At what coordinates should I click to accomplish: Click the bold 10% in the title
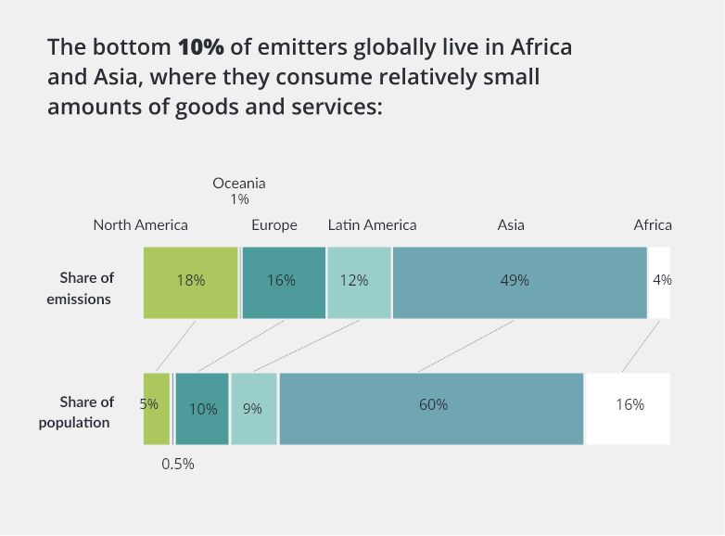[201, 47]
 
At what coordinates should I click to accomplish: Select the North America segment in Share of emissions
[190, 282]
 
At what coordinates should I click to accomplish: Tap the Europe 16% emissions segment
[283, 282]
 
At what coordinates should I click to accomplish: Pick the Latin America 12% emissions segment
[359, 282]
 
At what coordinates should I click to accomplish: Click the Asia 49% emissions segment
[519, 282]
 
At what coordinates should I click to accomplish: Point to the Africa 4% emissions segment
[659, 282]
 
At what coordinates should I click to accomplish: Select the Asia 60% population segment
[431, 408]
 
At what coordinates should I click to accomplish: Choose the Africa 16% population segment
[628, 408]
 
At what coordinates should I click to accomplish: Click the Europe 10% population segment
[202, 409]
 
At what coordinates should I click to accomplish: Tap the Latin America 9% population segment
[253, 409]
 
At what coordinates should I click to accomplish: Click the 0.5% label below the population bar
[178, 464]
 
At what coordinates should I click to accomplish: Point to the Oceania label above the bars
[239, 184]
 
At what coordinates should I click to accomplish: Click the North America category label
[140, 225]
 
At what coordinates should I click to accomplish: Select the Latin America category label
[372, 225]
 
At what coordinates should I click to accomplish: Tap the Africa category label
[653, 225]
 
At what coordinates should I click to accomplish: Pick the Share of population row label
[77, 413]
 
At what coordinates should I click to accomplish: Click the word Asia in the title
[109, 77]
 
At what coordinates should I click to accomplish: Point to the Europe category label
[274, 225]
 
